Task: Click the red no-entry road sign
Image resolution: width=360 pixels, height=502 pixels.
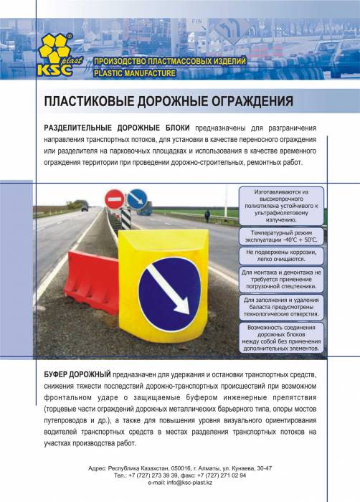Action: (114, 197)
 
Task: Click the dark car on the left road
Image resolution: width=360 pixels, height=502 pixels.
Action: (84, 208)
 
